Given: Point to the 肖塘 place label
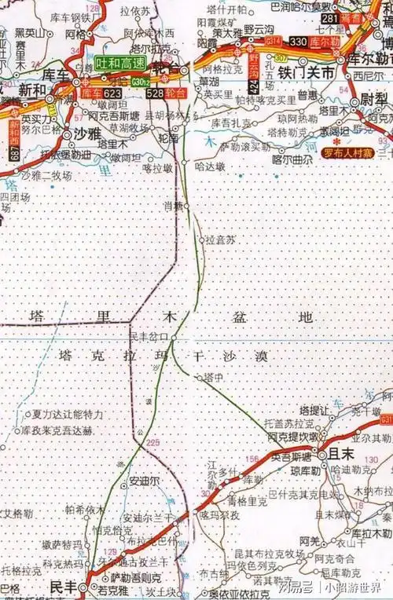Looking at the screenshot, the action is [172, 206].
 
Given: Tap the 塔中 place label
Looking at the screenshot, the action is [214, 378].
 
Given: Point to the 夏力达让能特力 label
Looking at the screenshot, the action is [68, 414].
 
